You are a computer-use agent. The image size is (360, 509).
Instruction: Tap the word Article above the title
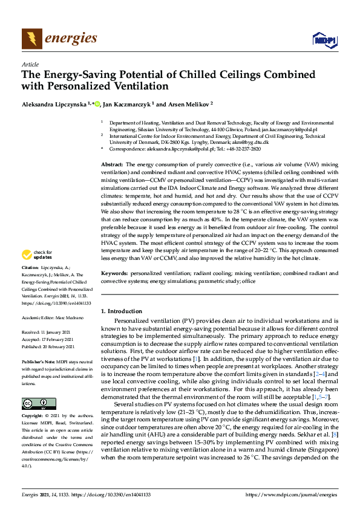[x=30, y=64]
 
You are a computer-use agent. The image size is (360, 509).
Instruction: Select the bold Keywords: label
[x=113, y=274]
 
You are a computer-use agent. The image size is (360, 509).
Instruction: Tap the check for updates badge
[x=37, y=271]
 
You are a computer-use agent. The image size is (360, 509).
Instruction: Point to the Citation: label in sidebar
[x=30, y=284]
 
